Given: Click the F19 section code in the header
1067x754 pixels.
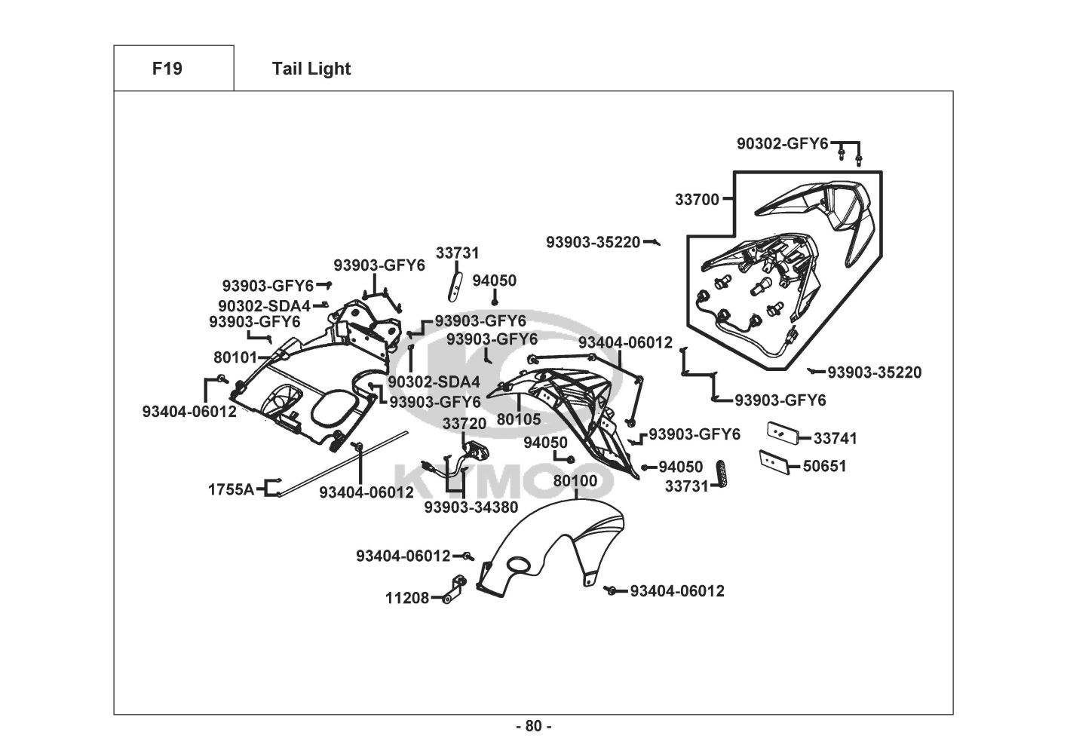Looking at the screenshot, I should click(167, 69).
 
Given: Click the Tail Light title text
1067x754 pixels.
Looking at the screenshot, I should click(311, 69).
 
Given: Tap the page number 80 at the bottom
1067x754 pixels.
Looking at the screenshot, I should click(533, 726).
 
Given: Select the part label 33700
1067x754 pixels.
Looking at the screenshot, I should click(697, 200).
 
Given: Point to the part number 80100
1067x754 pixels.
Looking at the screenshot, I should click(575, 481).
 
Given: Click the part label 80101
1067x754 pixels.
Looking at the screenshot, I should click(235, 357).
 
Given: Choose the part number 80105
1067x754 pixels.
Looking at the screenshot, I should click(519, 419).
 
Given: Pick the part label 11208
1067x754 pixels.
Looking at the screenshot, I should click(407, 598).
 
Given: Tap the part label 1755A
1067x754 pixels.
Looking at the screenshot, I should click(231, 489).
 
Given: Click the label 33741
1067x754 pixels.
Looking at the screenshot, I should click(835, 438).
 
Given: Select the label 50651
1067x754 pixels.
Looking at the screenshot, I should click(824, 466).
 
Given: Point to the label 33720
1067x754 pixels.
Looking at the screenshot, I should click(465, 425).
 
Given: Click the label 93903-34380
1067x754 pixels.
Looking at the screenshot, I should click(471, 507).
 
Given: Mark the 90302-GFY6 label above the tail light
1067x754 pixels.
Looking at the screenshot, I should click(782, 143).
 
